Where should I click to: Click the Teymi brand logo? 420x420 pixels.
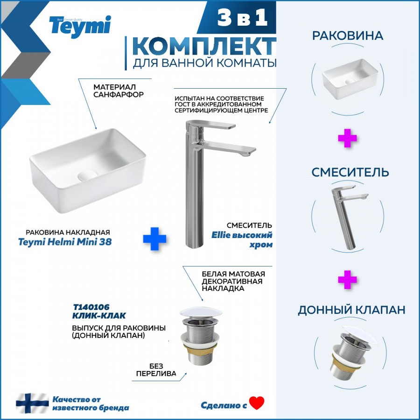(80, 27)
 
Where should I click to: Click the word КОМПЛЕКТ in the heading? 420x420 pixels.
(204, 47)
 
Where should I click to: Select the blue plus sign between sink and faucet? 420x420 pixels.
(154, 238)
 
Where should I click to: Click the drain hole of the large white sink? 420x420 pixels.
(88, 175)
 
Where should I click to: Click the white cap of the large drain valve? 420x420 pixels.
(201, 312)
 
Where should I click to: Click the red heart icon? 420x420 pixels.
(257, 403)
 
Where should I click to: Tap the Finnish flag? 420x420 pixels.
(32, 403)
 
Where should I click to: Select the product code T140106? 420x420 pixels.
(91, 307)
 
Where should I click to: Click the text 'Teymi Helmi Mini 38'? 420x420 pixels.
(65, 242)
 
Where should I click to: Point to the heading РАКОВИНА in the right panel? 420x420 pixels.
(347, 35)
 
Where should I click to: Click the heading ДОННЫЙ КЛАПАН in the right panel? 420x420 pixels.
(351, 310)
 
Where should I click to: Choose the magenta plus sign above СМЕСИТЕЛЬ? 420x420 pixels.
(347, 138)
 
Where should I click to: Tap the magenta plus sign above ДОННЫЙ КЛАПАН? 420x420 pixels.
(347, 280)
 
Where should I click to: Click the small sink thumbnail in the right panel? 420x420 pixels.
(350, 79)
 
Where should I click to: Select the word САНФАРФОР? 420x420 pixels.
(119, 95)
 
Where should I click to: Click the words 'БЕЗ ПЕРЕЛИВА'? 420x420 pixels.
(156, 370)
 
